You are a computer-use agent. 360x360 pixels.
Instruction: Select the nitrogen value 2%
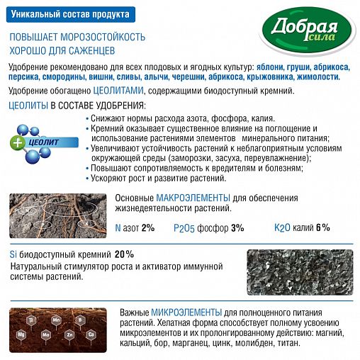coord(148,228)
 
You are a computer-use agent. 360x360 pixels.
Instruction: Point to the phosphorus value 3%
coord(237,228)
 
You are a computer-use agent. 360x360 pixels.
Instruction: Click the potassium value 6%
coord(322,228)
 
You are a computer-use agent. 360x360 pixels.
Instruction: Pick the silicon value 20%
coord(124,254)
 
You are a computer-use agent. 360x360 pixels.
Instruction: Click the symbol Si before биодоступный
coord(13,254)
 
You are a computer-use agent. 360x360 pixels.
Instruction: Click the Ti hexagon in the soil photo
coord(32,321)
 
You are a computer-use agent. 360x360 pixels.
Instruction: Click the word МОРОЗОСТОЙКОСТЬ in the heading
coord(100,37)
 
